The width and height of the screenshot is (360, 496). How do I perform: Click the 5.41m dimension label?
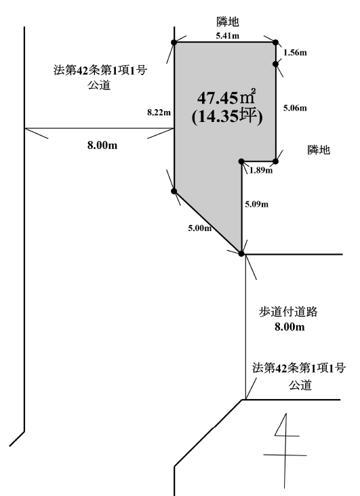(227, 35)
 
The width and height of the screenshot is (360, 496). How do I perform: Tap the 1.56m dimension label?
(295, 52)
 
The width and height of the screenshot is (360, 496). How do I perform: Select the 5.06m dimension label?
(295, 108)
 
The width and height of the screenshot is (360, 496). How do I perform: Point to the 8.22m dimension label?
(159, 112)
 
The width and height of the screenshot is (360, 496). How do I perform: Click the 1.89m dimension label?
(261, 171)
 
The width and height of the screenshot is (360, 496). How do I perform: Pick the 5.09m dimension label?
(256, 205)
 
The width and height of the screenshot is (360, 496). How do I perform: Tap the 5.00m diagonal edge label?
(199, 228)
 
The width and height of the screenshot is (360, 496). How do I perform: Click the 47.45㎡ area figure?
(226, 98)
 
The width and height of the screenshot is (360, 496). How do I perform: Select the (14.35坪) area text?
(227, 117)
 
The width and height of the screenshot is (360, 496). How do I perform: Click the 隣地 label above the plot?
(228, 22)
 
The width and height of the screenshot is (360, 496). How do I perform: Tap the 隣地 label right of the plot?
(319, 150)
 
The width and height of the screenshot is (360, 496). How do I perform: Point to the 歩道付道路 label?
(288, 312)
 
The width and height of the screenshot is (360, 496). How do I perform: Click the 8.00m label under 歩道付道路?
(289, 327)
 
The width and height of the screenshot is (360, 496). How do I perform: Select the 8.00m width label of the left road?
(102, 146)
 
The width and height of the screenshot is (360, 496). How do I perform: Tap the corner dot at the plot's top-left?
(174, 43)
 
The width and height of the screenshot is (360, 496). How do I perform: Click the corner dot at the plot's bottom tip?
(241, 253)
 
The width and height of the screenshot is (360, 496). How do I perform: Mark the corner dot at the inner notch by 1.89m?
(241, 161)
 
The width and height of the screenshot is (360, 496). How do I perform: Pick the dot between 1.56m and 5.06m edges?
(275, 64)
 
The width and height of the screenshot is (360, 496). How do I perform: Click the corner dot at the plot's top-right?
(275, 43)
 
